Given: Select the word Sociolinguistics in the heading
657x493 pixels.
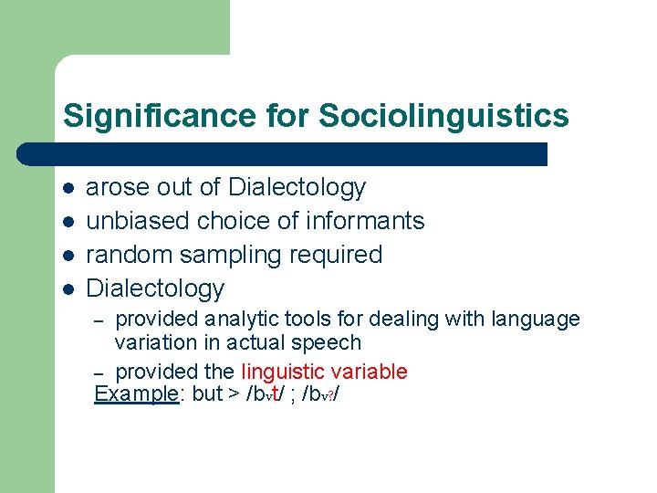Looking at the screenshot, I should (x=443, y=116).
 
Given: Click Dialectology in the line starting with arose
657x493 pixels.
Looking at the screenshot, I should (x=297, y=187).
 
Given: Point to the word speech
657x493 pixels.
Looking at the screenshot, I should (x=331, y=342).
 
